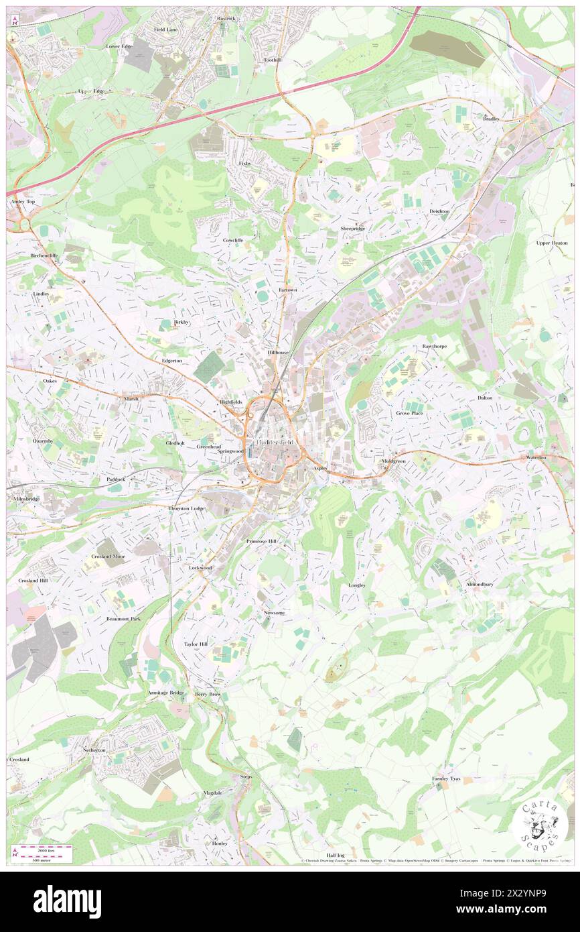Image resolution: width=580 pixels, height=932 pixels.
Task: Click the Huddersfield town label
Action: pyautogui.click(x=275, y=443)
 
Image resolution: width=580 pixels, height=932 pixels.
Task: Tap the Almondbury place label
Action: pyautogui.click(x=480, y=585)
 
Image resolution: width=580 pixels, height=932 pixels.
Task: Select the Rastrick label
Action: pyautogui.click(x=226, y=19)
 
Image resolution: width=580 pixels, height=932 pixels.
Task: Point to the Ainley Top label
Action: pyautogui.click(x=21, y=202)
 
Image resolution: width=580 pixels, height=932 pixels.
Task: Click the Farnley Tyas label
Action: pyautogui.click(x=445, y=778)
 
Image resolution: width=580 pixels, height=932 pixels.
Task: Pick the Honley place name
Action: pyautogui.click(x=220, y=843)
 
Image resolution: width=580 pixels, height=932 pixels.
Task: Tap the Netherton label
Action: pyautogui.click(x=94, y=750)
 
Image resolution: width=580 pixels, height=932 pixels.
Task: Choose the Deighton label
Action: pyautogui.click(x=439, y=211)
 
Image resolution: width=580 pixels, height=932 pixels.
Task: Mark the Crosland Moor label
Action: pyautogui.click(x=108, y=557)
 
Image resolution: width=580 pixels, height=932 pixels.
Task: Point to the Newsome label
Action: pyautogui.click(x=275, y=614)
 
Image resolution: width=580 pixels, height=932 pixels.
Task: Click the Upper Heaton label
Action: pyautogui.click(x=552, y=243)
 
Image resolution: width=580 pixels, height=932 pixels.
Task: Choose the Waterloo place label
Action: pyautogui.click(x=536, y=457)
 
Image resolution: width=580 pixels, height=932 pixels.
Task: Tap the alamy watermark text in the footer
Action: pyautogui.click(x=67, y=901)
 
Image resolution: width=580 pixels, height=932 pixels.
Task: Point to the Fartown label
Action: pyautogui.click(x=287, y=290)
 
